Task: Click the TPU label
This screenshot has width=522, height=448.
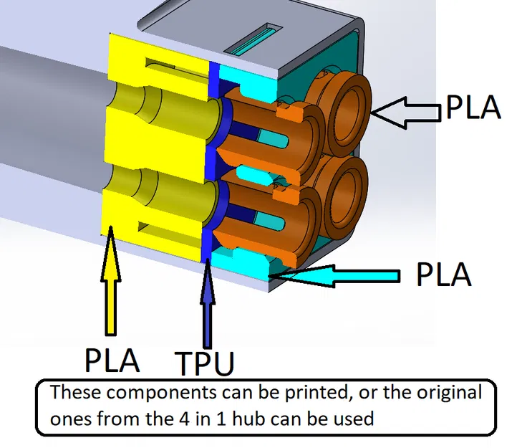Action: (205, 363)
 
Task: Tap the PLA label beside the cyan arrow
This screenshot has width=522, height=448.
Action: (444, 275)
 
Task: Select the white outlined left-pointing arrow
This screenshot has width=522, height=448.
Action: (405, 110)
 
